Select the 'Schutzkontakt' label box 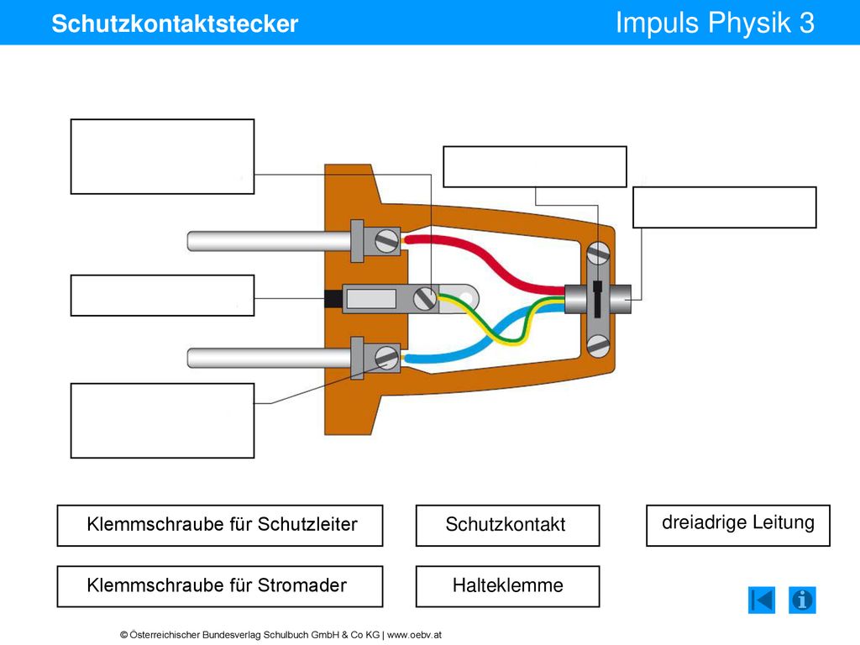pyautogui.click(x=507, y=526)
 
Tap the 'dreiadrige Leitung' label pyautogui.click(x=737, y=526)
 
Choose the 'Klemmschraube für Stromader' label pyautogui.click(x=220, y=586)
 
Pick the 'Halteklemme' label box pyautogui.click(x=507, y=586)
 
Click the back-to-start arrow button pyautogui.click(x=762, y=600)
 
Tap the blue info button pyautogui.click(x=802, y=600)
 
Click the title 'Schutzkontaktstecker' pyautogui.click(x=175, y=24)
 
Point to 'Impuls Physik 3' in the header pyautogui.click(x=715, y=23)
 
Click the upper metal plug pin pyautogui.click(x=269, y=241)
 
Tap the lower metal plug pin pyautogui.click(x=269, y=358)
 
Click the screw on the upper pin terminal pyautogui.click(x=386, y=241)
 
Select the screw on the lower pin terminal pyautogui.click(x=386, y=358)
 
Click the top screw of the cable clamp pyautogui.click(x=598, y=254)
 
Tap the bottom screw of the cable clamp pyautogui.click(x=598, y=346)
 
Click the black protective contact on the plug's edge pyautogui.click(x=333, y=298)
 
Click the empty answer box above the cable pyautogui.click(x=535, y=167)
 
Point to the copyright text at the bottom pyautogui.click(x=281, y=635)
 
